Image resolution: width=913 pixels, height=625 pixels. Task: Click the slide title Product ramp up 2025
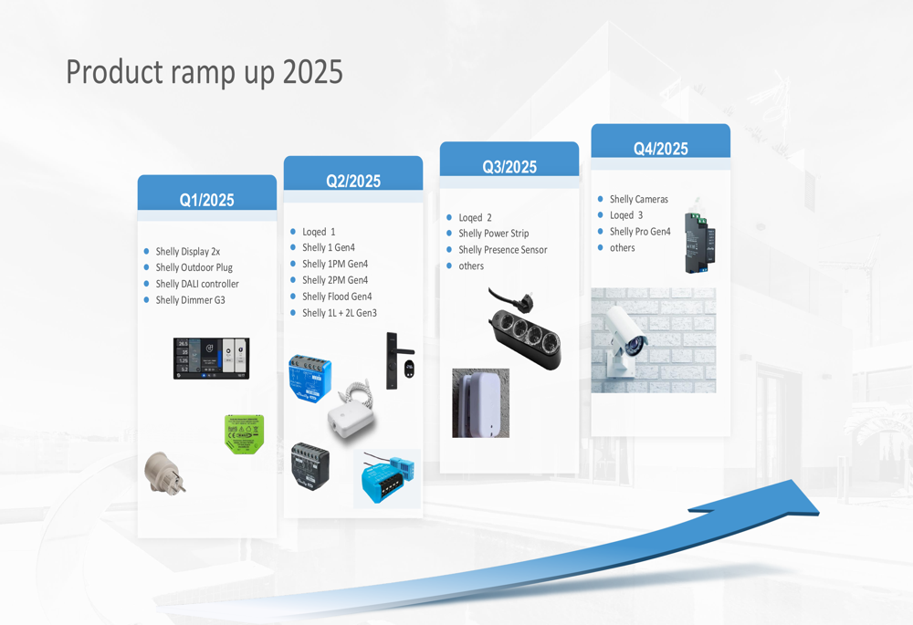click(x=205, y=73)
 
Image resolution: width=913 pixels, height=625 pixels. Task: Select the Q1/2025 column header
click(x=206, y=200)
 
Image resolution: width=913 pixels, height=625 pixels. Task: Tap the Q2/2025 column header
click(x=353, y=181)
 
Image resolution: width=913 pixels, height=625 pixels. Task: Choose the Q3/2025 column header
click(x=509, y=167)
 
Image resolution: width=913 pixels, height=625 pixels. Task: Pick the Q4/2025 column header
click(x=661, y=149)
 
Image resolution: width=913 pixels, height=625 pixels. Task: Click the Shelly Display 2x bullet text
click(x=187, y=252)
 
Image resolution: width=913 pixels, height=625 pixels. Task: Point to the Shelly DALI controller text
click(x=197, y=284)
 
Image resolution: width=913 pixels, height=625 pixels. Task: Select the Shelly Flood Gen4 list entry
click(x=337, y=297)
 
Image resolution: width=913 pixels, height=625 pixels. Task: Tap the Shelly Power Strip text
click(x=494, y=234)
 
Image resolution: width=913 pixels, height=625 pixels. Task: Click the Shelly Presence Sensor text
click(x=502, y=250)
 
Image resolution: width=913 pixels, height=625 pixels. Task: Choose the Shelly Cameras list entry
click(x=639, y=199)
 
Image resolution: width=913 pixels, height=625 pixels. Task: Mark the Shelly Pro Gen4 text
click(x=640, y=232)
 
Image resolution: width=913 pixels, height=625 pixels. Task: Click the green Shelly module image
click(x=245, y=434)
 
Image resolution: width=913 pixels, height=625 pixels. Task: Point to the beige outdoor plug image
click(x=164, y=474)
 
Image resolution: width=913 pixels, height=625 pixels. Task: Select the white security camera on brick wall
click(x=654, y=340)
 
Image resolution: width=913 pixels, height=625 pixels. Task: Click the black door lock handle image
click(x=399, y=360)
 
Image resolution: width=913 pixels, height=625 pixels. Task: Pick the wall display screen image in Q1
click(x=212, y=359)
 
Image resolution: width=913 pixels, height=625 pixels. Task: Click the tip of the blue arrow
click(x=819, y=515)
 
